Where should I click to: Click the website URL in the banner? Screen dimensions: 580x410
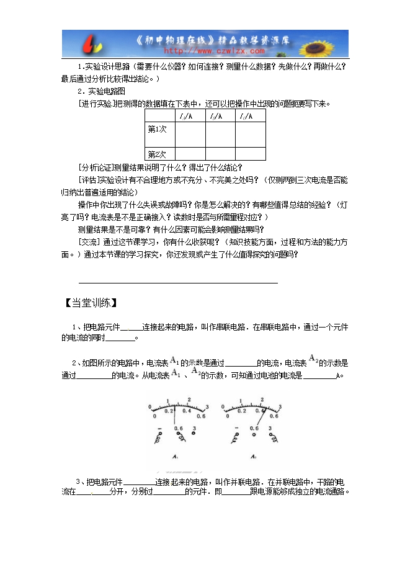point(204,53)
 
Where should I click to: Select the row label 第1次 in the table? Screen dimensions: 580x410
point(157,130)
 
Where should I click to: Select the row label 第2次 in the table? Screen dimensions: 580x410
point(157,154)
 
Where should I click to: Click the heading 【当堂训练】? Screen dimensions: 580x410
point(91,303)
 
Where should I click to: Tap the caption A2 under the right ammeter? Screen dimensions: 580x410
point(253,458)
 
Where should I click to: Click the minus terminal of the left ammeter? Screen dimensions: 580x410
point(160,429)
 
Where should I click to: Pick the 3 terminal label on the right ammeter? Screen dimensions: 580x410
point(270,429)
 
